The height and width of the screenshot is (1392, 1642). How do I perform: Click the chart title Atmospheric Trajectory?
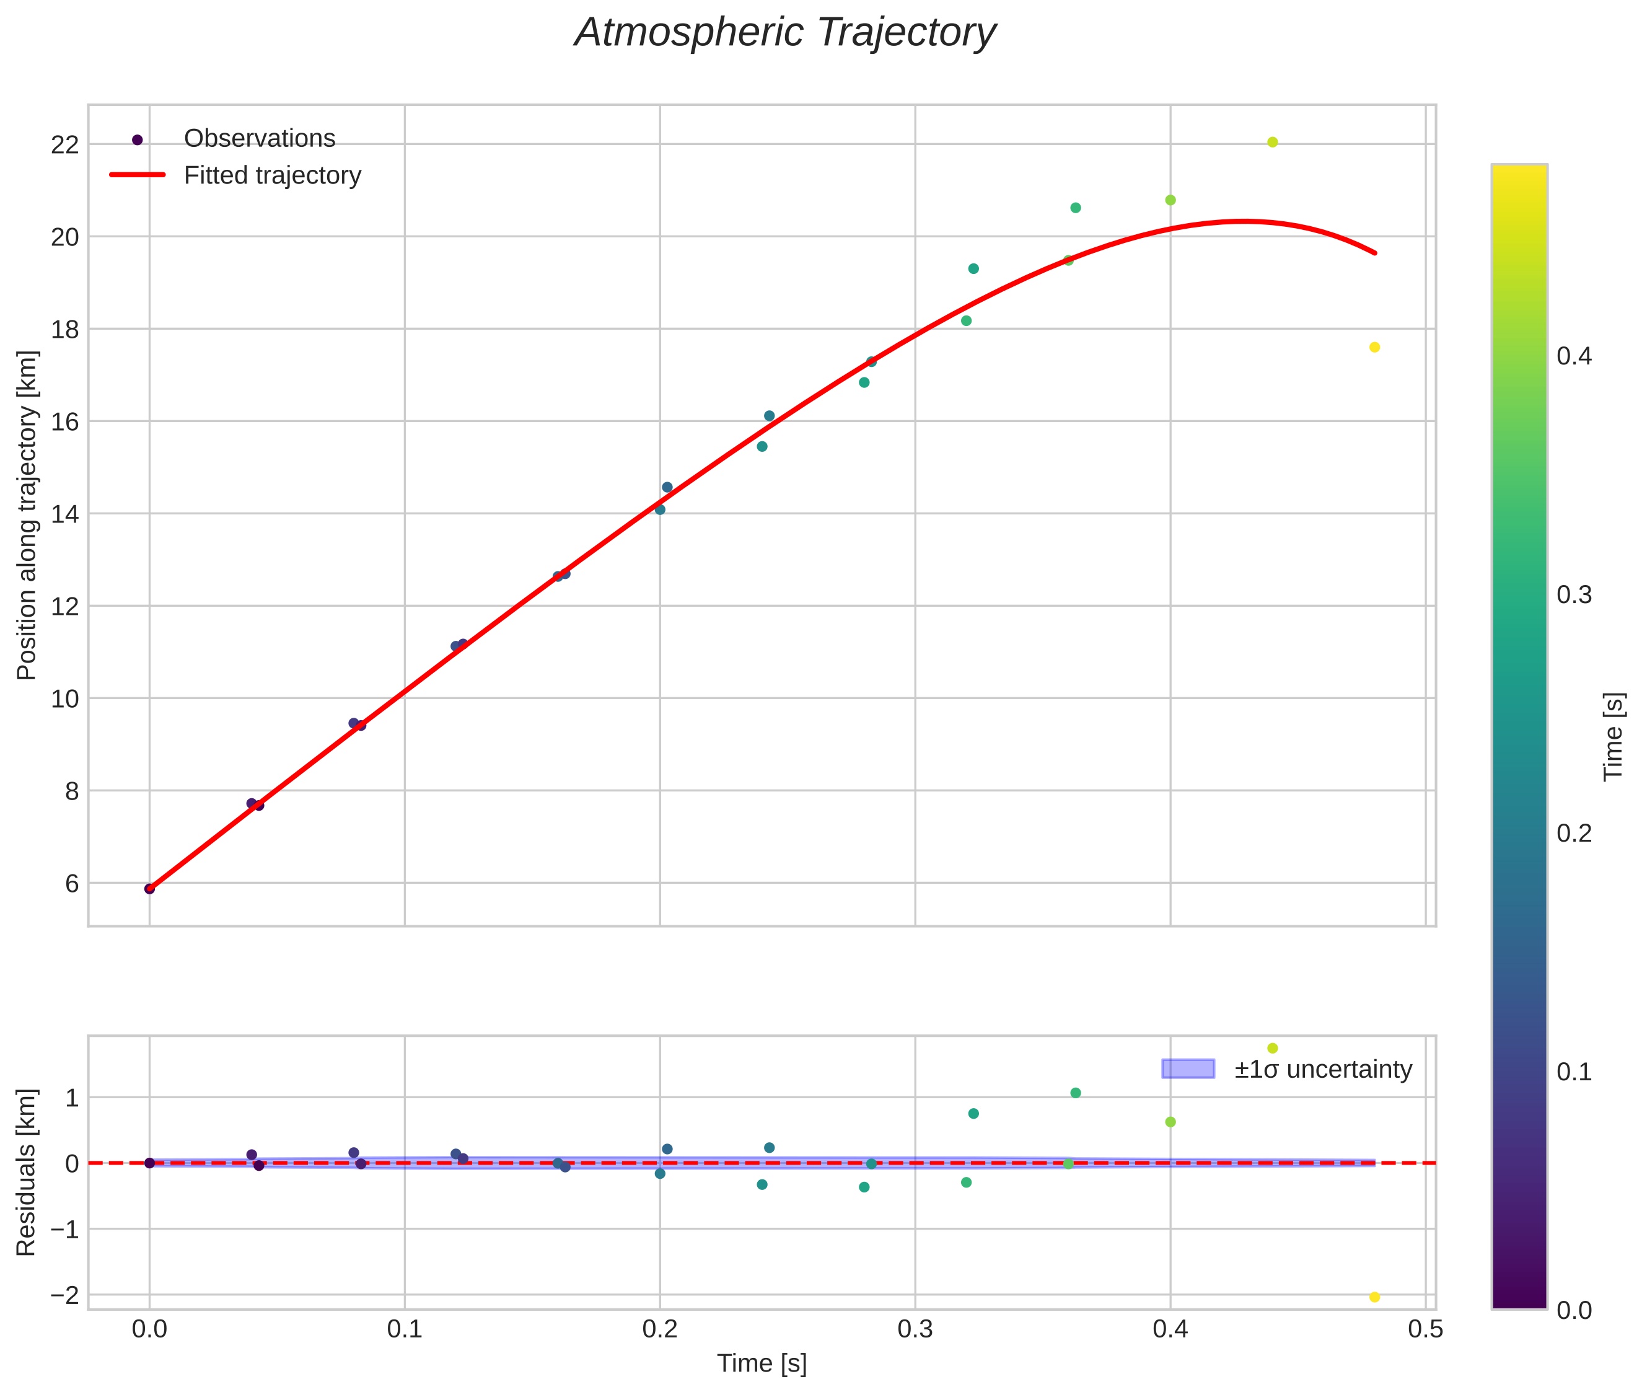click(784, 33)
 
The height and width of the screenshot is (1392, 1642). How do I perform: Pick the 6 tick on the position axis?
click(71, 883)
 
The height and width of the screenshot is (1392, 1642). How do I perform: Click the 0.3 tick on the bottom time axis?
click(915, 1329)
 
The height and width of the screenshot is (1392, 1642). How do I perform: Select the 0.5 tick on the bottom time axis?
click(1425, 1329)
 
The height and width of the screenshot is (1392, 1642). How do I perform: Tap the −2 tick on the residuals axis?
click(64, 1295)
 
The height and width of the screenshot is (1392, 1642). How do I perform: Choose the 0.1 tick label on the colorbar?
click(1573, 1072)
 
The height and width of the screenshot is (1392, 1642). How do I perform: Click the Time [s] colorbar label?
click(1613, 736)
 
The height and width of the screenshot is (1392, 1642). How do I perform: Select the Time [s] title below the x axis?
click(762, 1363)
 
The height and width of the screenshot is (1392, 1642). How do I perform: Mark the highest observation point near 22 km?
click(1272, 142)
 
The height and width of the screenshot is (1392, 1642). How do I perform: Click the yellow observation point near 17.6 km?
click(1374, 347)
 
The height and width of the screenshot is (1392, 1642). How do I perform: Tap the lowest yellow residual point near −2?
click(1374, 1297)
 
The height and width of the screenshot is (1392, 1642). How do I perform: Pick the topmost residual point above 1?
click(1272, 1048)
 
